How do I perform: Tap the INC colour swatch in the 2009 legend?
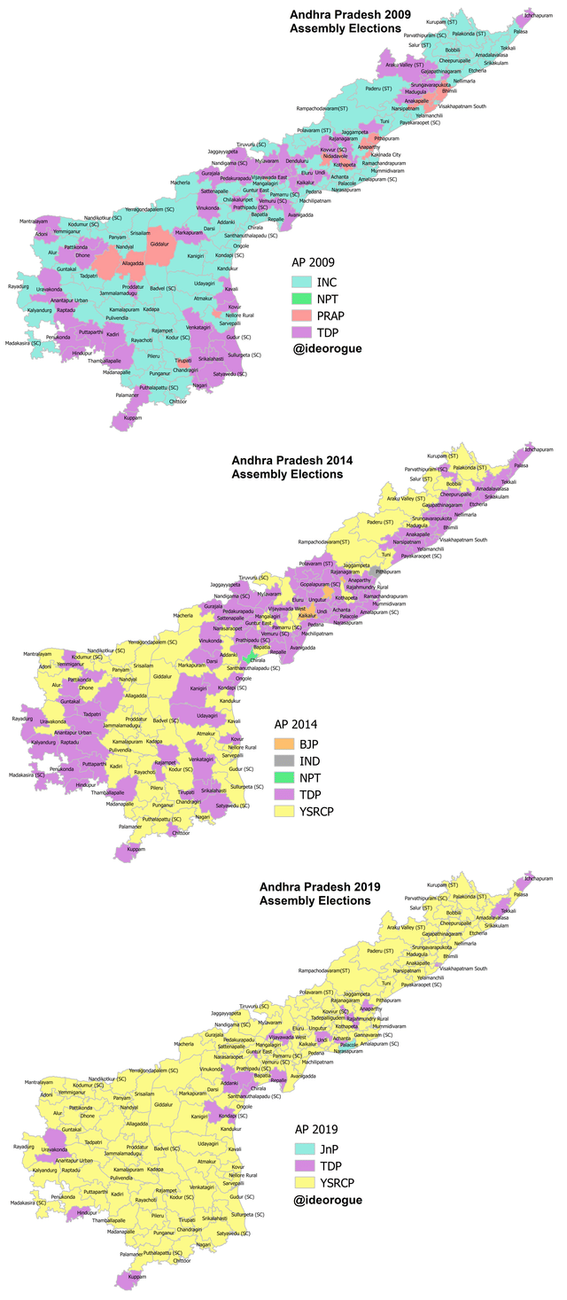(x=304, y=282)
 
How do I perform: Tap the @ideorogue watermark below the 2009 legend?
(x=327, y=349)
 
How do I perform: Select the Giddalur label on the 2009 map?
(x=159, y=243)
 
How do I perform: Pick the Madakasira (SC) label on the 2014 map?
(x=27, y=775)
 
